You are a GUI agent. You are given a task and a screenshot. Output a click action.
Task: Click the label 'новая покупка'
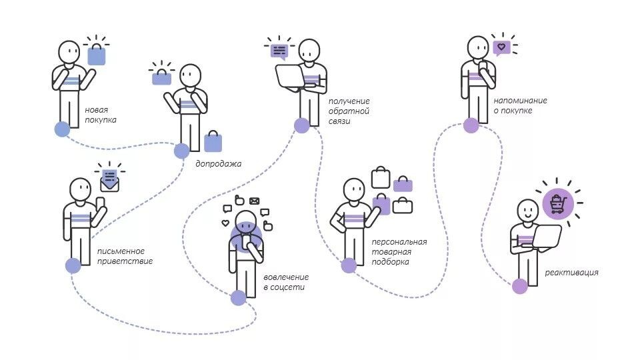(x=101, y=115)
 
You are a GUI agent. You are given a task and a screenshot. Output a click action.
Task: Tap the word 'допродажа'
(x=219, y=164)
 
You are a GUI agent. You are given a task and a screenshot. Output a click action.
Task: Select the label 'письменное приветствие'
(x=125, y=256)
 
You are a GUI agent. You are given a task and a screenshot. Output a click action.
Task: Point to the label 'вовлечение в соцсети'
(x=286, y=282)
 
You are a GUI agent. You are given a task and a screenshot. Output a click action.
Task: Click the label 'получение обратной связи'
(x=349, y=111)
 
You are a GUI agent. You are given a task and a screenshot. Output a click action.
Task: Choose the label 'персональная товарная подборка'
(x=399, y=252)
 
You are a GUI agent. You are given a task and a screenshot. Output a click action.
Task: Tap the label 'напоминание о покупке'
(x=521, y=105)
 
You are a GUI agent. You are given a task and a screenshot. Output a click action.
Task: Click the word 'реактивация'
(x=572, y=272)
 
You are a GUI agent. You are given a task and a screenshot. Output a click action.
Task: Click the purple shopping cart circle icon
(x=558, y=204)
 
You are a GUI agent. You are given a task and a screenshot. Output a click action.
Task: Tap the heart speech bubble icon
(x=501, y=48)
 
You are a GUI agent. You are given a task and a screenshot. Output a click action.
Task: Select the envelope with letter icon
(x=109, y=181)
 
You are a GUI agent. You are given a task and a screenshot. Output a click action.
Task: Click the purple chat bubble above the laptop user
(x=279, y=52)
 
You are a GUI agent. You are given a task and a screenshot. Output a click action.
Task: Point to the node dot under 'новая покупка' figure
(x=62, y=129)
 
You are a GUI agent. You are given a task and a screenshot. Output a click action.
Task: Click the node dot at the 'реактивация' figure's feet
(x=519, y=286)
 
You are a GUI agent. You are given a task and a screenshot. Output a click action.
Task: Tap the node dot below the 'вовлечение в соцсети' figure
(x=239, y=298)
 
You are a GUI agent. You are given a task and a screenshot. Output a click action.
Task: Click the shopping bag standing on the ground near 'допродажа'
(x=213, y=141)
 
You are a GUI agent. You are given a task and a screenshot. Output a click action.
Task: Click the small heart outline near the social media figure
(x=225, y=223)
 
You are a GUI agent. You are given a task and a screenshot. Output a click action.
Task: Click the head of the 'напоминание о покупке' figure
(x=478, y=48)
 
